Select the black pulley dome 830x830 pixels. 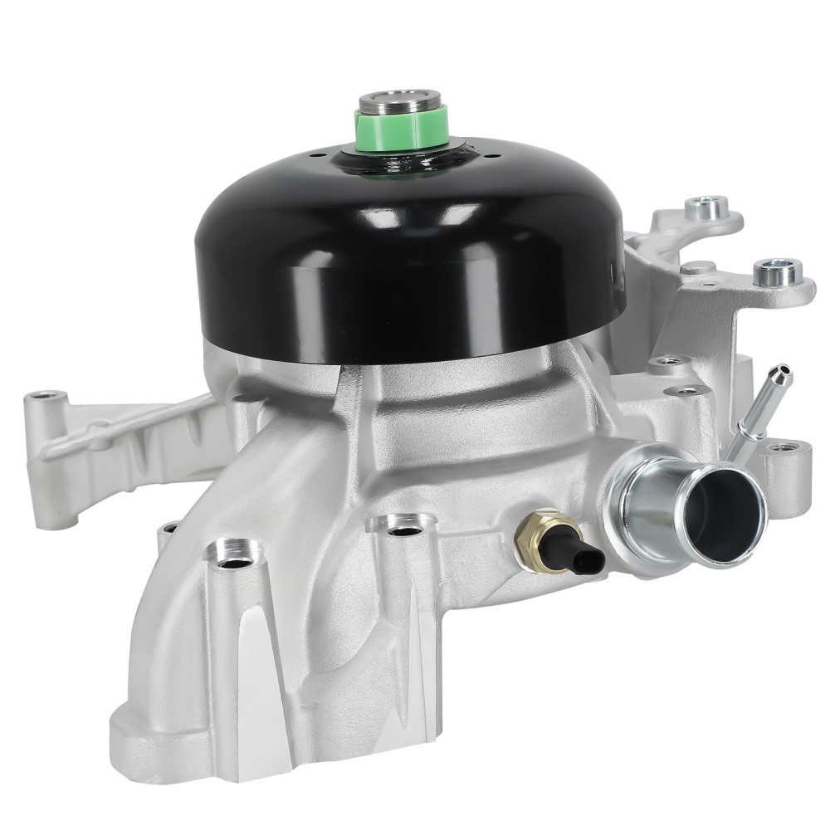407,249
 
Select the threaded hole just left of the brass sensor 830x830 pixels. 404,529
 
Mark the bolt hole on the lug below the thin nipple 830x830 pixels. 779,449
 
